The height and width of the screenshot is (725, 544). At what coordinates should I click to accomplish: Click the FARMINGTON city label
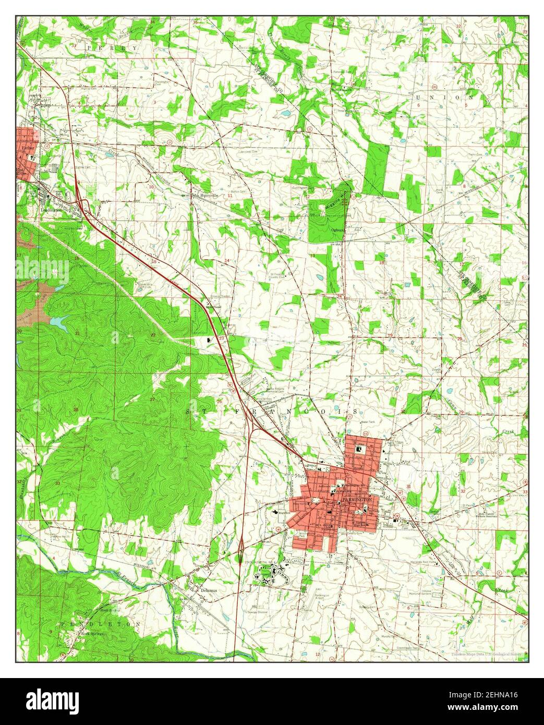[358, 499]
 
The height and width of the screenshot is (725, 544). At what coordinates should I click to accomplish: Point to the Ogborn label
[337, 229]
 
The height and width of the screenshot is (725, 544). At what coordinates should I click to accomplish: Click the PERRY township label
[113, 47]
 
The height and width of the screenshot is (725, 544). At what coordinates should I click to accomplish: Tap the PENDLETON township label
[101, 624]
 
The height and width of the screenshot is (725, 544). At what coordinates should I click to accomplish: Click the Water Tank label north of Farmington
[368, 421]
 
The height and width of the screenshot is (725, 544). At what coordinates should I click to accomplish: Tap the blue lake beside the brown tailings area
[58, 321]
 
